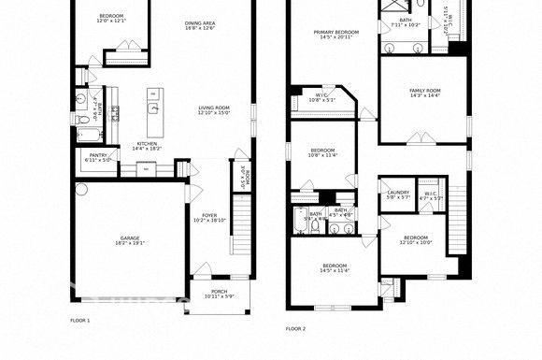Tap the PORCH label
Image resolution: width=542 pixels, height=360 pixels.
pyautogui.click(x=219, y=291)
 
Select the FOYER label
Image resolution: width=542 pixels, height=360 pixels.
pyautogui.click(x=209, y=214)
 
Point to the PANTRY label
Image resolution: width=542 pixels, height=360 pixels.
pyautogui.click(x=98, y=154)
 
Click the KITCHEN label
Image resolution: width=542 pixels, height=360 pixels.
pyautogui.click(x=148, y=143)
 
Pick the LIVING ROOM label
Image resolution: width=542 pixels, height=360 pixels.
pyautogui.click(x=213, y=108)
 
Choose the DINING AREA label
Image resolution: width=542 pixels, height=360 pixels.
pyautogui.click(x=200, y=22)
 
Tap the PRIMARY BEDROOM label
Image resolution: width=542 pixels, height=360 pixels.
pyautogui.click(x=337, y=31)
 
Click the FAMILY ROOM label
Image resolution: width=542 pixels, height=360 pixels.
pyautogui.click(x=425, y=90)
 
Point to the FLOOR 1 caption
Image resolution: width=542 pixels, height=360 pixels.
pyautogui.click(x=80, y=321)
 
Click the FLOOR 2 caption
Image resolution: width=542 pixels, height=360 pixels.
pyautogui.click(x=295, y=328)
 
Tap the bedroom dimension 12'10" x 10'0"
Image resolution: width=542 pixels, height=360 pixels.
pyautogui.click(x=416, y=243)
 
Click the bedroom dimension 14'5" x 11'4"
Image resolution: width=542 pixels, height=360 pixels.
pyautogui.click(x=335, y=271)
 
